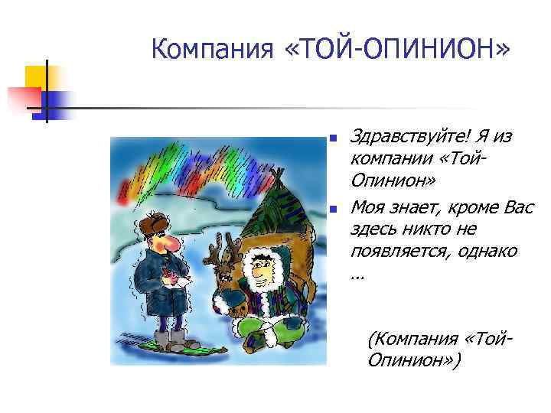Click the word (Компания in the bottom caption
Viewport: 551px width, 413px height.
click(x=405, y=337)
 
